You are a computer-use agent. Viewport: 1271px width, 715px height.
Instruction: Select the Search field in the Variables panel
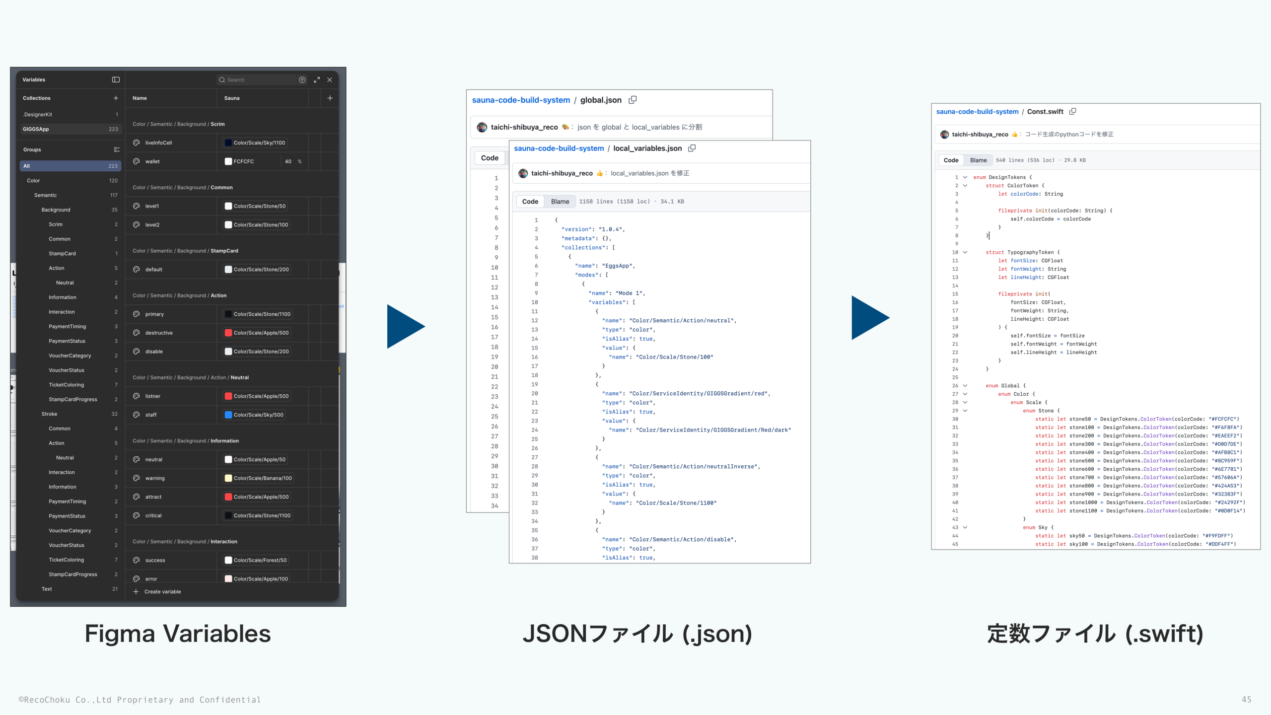(x=258, y=80)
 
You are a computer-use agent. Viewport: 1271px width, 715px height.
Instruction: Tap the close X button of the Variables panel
(x=330, y=80)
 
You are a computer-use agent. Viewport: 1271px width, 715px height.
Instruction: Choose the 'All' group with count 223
(x=70, y=166)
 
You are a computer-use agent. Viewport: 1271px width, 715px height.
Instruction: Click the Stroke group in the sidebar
(x=49, y=414)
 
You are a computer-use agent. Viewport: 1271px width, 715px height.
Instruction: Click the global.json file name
(x=601, y=100)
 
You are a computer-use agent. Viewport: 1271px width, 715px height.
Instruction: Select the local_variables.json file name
(x=647, y=148)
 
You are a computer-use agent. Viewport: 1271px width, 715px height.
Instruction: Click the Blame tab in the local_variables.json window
(x=560, y=202)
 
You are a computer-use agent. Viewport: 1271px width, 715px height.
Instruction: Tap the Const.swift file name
(x=1045, y=112)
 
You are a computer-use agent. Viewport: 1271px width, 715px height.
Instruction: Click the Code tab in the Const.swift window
(x=951, y=160)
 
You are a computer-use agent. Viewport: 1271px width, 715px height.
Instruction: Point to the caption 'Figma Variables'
(x=177, y=634)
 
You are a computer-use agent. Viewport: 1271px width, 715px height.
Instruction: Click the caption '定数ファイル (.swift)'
(x=1095, y=634)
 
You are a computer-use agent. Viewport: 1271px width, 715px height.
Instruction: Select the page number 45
(x=1246, y=699)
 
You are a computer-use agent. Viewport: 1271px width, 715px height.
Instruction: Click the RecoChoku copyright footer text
(x=140, y=700)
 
